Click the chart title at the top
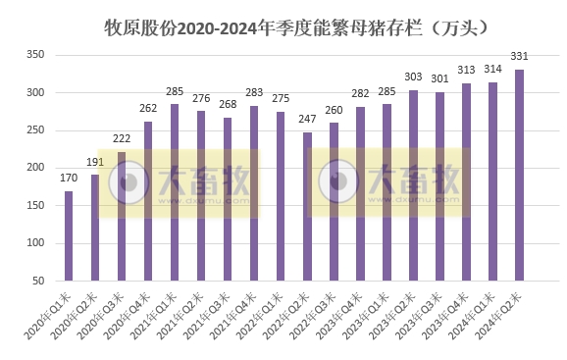pyautogui.click(x=283, y=26)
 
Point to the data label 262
pyautogui.click(x=147, y=110)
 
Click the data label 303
pyautogui.click(x=413, y=78)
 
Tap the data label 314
pyautogui.click(x=492, y=71)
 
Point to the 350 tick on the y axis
pyautogui.click(x=33, y=55)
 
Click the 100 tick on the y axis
pyautogui.click(x=33, y=243)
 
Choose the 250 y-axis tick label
pyautogui.click(x=33, y=130)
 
